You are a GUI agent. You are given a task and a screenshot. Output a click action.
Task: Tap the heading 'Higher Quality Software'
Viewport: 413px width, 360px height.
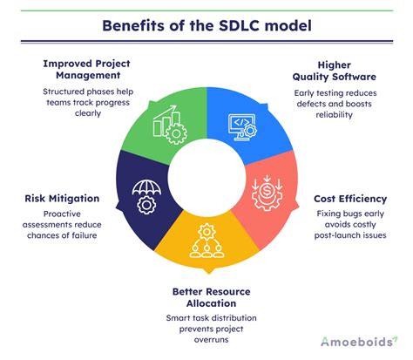(x=346, y=70)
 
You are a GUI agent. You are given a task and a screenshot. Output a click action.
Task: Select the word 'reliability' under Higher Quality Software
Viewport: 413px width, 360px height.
(x=346, y=114)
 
